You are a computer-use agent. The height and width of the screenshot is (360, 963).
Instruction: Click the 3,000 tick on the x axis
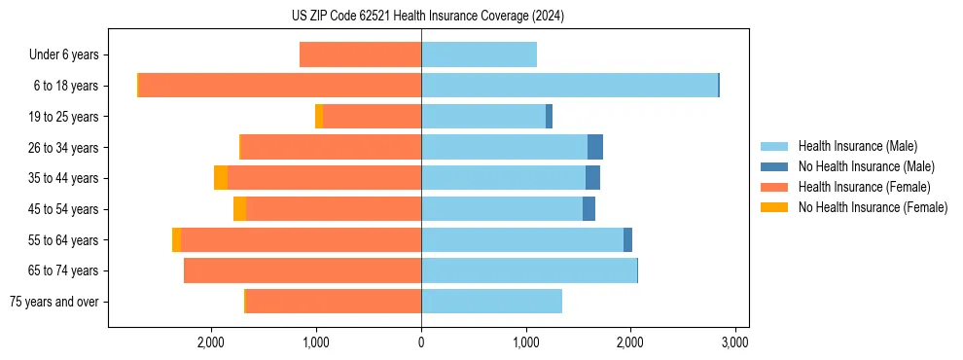[x=734, y=342]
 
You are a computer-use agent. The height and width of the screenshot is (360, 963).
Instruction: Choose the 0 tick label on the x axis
[x=421, y=342]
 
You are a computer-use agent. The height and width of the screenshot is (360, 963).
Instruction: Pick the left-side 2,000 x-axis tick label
[x=211, y=342]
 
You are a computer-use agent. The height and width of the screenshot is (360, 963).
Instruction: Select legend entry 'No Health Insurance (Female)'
[x=873, y=207]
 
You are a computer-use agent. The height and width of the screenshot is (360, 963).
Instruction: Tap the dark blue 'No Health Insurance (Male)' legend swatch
[x=774, y=166]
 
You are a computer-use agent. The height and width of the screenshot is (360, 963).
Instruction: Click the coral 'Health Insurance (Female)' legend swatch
[x=774, y=187]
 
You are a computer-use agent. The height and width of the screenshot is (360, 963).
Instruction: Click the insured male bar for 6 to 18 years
[x=569, y=86]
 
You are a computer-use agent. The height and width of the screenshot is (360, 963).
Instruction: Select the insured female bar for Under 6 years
[x=360, y=55]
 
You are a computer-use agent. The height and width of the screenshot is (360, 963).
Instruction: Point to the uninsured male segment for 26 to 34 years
[x=595, y=147]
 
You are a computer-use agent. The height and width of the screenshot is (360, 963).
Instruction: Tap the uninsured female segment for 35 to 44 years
[x=221, y=178]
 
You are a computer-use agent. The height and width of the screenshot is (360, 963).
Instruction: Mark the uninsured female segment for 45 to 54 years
[x=239, y=209]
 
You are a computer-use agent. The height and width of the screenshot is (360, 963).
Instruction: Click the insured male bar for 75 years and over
[x=491, y=302]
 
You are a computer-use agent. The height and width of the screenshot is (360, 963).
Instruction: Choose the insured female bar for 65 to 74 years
[x=303, y=270]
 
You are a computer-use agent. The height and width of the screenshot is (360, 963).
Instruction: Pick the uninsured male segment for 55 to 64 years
[x=627, y=239]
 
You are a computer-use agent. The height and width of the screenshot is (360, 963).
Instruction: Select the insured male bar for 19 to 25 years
[x=483, y=117]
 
